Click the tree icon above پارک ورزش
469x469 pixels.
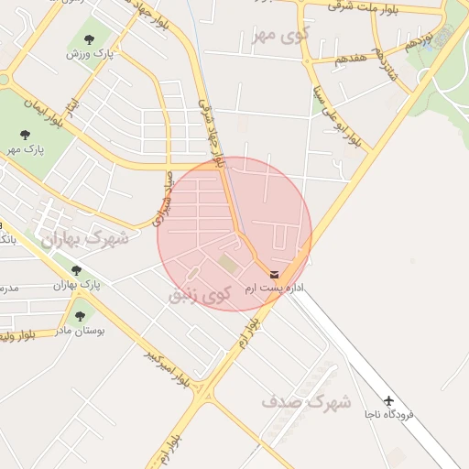click(89, 39)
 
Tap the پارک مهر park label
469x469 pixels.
click(25, 148)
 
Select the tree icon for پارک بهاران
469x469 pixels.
click(76, 270)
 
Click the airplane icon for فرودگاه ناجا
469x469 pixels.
click(389, 401)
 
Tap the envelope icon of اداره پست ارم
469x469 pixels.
click(275, 274)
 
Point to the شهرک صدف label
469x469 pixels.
click(307, 401)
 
